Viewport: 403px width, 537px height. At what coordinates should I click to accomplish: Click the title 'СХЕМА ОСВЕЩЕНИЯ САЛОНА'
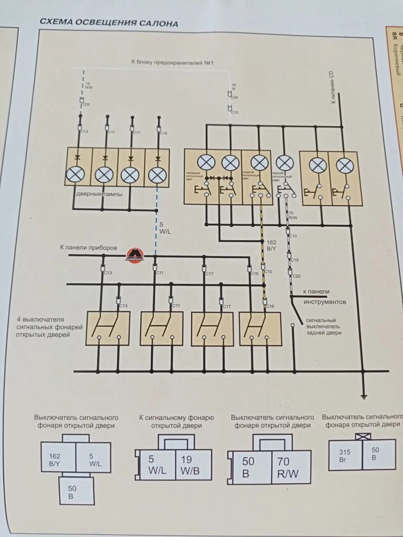tap(109, 23)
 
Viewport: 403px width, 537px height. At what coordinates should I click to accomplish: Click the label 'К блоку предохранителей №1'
tap(173, 63)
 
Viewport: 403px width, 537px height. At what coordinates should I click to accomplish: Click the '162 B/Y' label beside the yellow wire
tap(271, 245)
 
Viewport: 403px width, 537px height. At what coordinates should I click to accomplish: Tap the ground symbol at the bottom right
tap(364, 396)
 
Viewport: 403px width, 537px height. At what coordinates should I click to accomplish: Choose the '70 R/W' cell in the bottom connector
tap(288, 467)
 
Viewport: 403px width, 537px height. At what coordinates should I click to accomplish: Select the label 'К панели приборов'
tap(89, 248)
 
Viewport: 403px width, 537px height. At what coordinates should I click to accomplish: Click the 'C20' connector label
tap(296, 276)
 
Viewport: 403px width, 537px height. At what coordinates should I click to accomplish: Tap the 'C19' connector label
tap(295, 261)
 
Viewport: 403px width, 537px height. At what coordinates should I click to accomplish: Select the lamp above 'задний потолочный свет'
tap(285, 163)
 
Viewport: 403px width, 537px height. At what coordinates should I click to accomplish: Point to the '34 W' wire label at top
tap(233, 87)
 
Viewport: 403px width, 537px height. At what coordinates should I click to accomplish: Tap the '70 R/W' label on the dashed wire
tap(292, 215)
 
